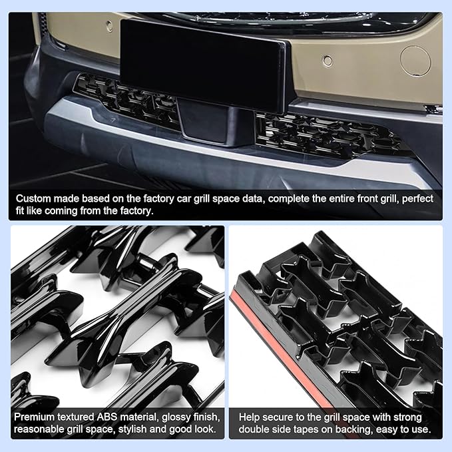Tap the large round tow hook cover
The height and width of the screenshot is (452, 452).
(x=415, y=59)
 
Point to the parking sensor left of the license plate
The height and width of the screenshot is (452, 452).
(x=109, y=26)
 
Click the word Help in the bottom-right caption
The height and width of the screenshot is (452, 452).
(x=250, y=416)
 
